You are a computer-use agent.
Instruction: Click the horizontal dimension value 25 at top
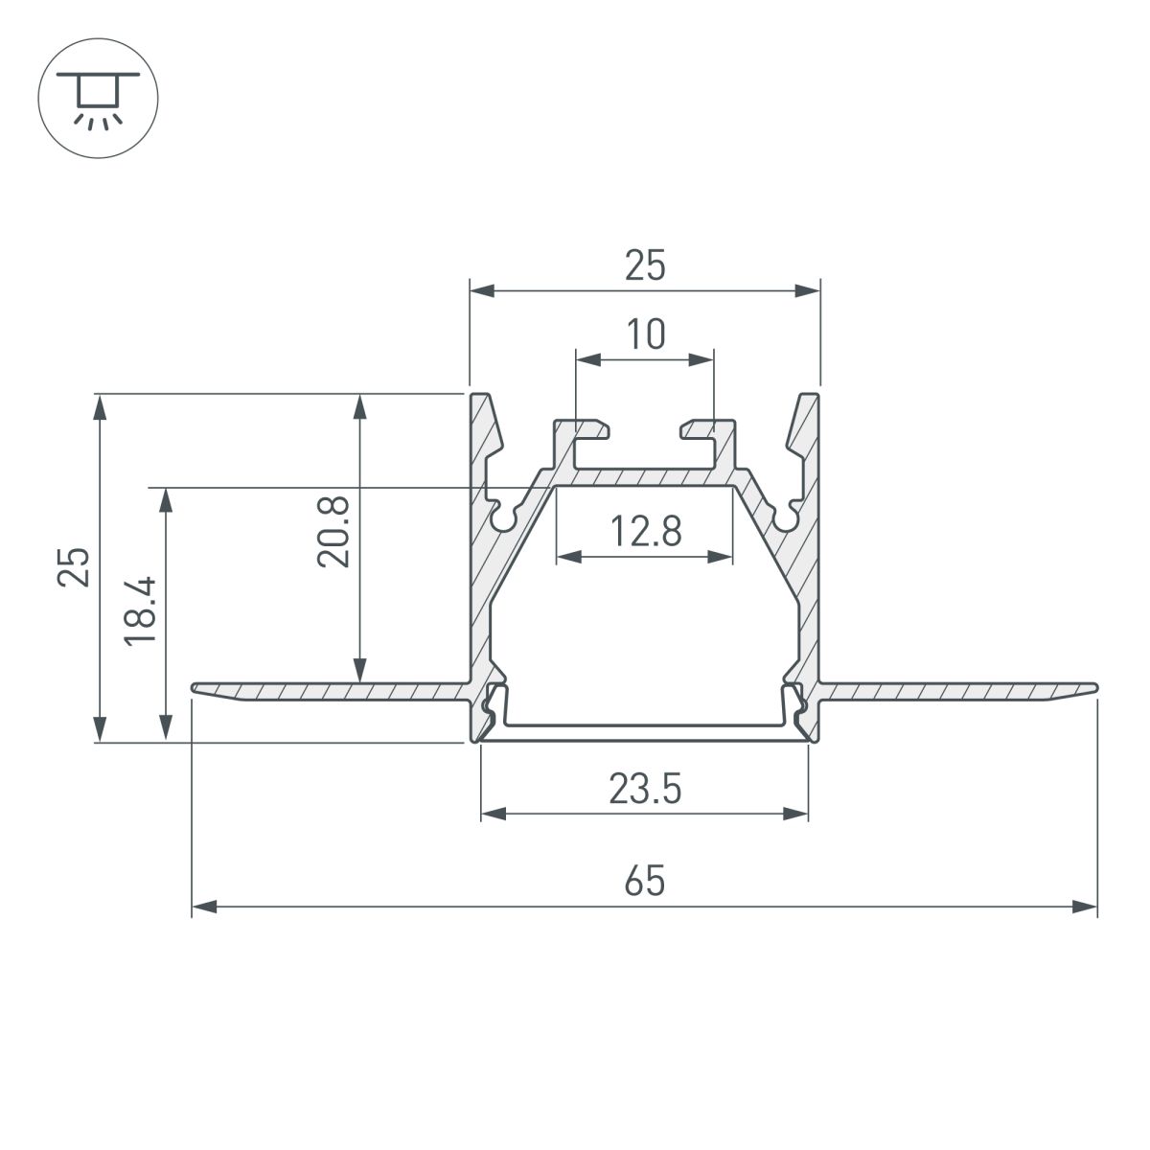pyautogui.click(x=645, y=265)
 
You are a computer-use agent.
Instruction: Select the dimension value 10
pyautogui.click(x=645, y=334)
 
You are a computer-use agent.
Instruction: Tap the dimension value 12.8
pyautogui.click(x=646, y=530)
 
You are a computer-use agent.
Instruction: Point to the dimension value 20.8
pyautogui.click(x=334, y=531)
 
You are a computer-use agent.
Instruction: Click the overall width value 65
pyautogui.click(x=645, y=880)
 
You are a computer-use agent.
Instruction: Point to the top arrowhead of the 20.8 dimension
pyautogui.click(x=359, y=404)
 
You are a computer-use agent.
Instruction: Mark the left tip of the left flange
pyautogui.click(x=195, y=688)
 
